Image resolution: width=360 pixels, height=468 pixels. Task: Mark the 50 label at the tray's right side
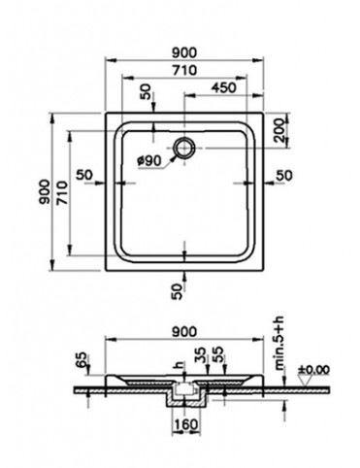tap(282, 174)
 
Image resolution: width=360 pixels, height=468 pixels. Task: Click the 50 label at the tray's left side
tap(85, 174)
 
